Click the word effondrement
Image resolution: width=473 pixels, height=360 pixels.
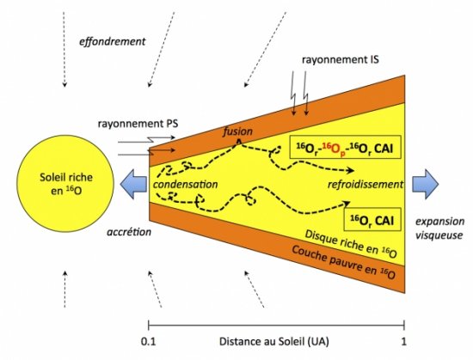pyautogui.click(x=112, y=41)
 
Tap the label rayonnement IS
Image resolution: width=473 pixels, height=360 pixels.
pyautogui.click(x=341, y=59)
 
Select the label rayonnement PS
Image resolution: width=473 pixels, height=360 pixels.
pyautogui.click(x=138, y=124)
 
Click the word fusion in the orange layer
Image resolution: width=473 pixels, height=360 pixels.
pyautogui.click(x=237, y=131)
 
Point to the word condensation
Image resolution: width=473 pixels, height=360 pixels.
pyautogui.click(x=185, y=185)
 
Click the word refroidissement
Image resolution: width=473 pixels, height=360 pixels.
pyautogui.click(x=365, y=184)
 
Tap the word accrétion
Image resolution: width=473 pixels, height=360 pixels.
pyautogui.click(x=129, y=232)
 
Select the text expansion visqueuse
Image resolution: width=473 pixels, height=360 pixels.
pyautogui.click(x=439, y=228)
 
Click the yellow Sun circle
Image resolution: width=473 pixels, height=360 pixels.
pyautogui.click(x=65, y=184)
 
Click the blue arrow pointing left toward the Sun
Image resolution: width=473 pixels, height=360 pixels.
pyautogui.click(x=133, y=184)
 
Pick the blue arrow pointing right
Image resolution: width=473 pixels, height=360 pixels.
pyautogui.click(x=426, y=184)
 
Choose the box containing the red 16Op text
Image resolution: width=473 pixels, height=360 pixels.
pyautogui.click(x=345, y=147)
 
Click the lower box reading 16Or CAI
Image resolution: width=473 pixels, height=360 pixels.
pyautogui.click(x=372, y=219)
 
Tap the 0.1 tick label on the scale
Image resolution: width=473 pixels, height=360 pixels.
pyautogui.click(x=149, y=342)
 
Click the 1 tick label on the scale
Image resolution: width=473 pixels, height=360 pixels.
pyautogui.click(x=403, y=342)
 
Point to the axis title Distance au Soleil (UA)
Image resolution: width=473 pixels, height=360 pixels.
pyautogui.click(x=273, y=342)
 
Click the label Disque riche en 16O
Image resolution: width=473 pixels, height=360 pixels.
pyautogui.click(x=351, y=244)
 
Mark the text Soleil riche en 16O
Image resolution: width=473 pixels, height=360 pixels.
pyautogui.click(x=66, y=184)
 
